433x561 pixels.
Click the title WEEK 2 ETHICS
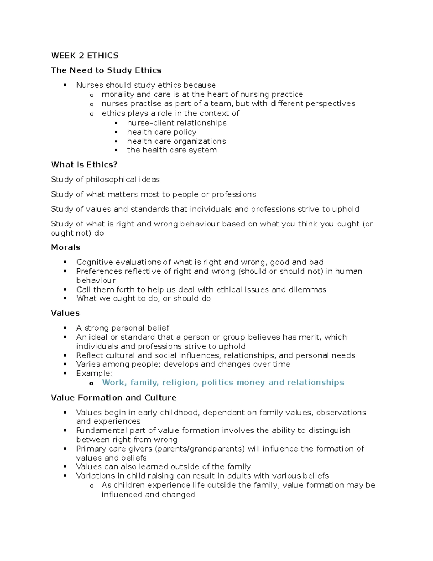tap(85, 56)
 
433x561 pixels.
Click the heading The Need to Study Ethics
tap(106, 70)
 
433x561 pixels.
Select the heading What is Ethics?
tap(84, 165)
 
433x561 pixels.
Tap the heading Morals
tap(66, 247)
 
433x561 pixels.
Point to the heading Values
tap(65, 313)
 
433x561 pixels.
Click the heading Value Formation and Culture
tap(114, 398)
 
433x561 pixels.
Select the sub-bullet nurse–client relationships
tap(176, 123)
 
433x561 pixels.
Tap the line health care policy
tap(162, 132)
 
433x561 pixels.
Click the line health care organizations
tap(176, 141)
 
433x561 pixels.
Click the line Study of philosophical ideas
tap(105, 180)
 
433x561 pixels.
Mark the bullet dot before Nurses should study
tap(65, 85)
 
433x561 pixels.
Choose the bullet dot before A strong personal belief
tap(65, 328)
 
